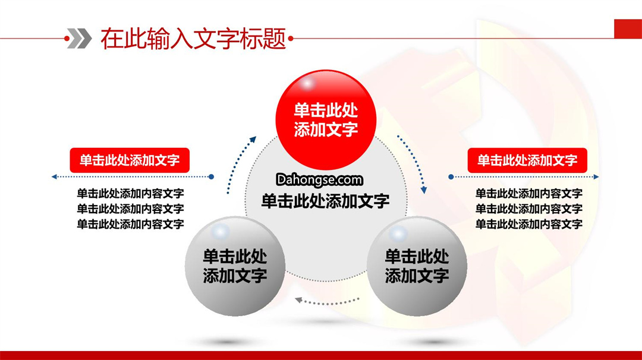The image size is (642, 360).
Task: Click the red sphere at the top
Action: coord(326,120)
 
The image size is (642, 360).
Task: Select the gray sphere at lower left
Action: coord(235,266)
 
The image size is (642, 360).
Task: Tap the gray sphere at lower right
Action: coord(417,266)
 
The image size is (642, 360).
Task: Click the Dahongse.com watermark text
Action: coord(319,179)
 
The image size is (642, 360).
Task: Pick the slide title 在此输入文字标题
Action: coord(193,39)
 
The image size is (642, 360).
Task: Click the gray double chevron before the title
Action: coord(80,39)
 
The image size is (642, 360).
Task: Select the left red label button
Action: coord(130,160)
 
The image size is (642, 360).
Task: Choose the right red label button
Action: coord(527,160)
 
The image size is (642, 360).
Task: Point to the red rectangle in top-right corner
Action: coord(628,29)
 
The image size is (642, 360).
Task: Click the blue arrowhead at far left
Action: coord(54,176)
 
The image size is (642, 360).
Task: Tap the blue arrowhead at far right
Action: coord(596,176)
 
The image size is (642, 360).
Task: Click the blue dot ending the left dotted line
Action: coord(211,176)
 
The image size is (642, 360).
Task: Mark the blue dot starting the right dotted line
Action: coord(451,176)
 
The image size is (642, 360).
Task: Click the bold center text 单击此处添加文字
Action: coord(325,201)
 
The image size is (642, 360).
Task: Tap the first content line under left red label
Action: coord(130,193)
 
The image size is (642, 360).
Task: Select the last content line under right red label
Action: coord(528,224)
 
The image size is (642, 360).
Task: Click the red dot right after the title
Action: coord(291,39)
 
